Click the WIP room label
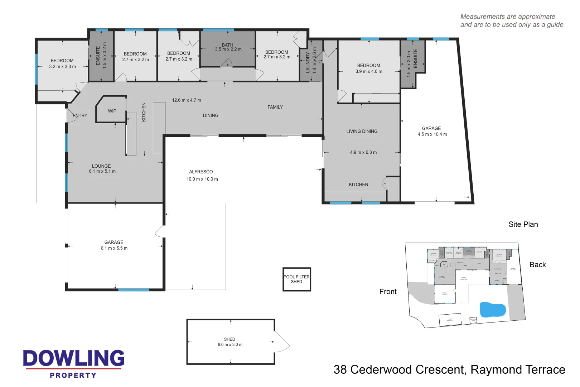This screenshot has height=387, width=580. click(x=112, y=111)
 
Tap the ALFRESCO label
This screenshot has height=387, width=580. click(x=201, y=172)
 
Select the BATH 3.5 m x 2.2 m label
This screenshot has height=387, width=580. click(x=228, y=47)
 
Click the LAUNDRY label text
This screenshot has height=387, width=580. click(x=308, y=63)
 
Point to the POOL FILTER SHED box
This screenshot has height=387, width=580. click(x=296, y=279)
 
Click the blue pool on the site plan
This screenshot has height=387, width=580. click(x=492, y=310)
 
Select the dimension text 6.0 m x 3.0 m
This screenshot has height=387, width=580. click(x=230, y=345)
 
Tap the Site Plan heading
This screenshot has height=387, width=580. click(x=523, y=224)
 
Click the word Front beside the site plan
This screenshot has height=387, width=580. click(x=388, y=292)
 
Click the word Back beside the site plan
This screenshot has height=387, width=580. click(x=537, y=265)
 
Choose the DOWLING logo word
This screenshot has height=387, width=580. click(x=74, y=358)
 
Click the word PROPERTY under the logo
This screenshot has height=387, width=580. click(x=73, y=375)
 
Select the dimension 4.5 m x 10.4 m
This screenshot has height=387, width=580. click(x=432, y=134)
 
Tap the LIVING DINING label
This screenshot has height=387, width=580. click(x=362, y=132)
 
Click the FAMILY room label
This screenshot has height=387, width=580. click(x=275, y=107)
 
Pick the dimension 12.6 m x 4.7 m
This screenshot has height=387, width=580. click(x=187, y=100)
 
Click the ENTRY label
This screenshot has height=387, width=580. click(x=80, y=116)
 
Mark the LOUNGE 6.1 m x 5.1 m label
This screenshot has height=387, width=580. click(x=102, y=169)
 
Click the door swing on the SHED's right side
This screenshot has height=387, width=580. click(x=283, y=342)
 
